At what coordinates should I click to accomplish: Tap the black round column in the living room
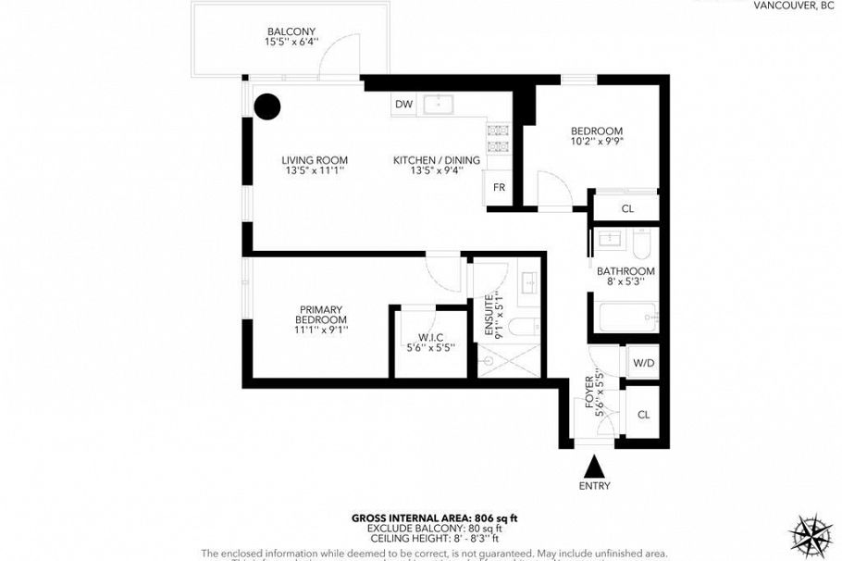tap(267, 107)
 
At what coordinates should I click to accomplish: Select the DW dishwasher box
tap(403, 105)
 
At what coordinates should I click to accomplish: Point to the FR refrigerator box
tap(498, 188)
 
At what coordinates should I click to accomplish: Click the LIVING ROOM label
tap(315, 166)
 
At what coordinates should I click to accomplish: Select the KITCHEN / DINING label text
tap(437, 166)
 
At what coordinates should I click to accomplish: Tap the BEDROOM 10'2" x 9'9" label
tap(596, 137)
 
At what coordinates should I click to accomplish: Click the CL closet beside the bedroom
tap(626, 209)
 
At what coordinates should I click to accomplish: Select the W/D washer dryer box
tap(643, 363)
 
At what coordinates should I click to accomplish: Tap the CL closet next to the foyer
tap(643, 415)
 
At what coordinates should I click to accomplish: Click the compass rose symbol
tap(811, 533)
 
